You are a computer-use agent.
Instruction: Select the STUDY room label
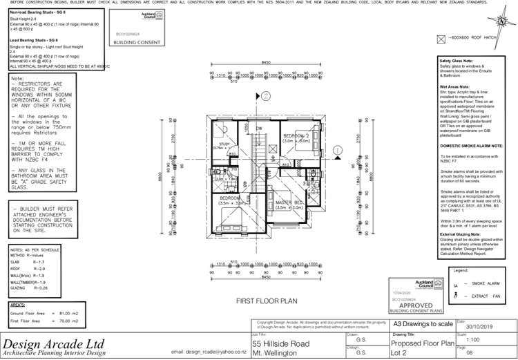224,144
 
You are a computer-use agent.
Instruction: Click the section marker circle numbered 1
336,149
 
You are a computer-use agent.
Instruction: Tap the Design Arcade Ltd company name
54,343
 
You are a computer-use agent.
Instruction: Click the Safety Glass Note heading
457,61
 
